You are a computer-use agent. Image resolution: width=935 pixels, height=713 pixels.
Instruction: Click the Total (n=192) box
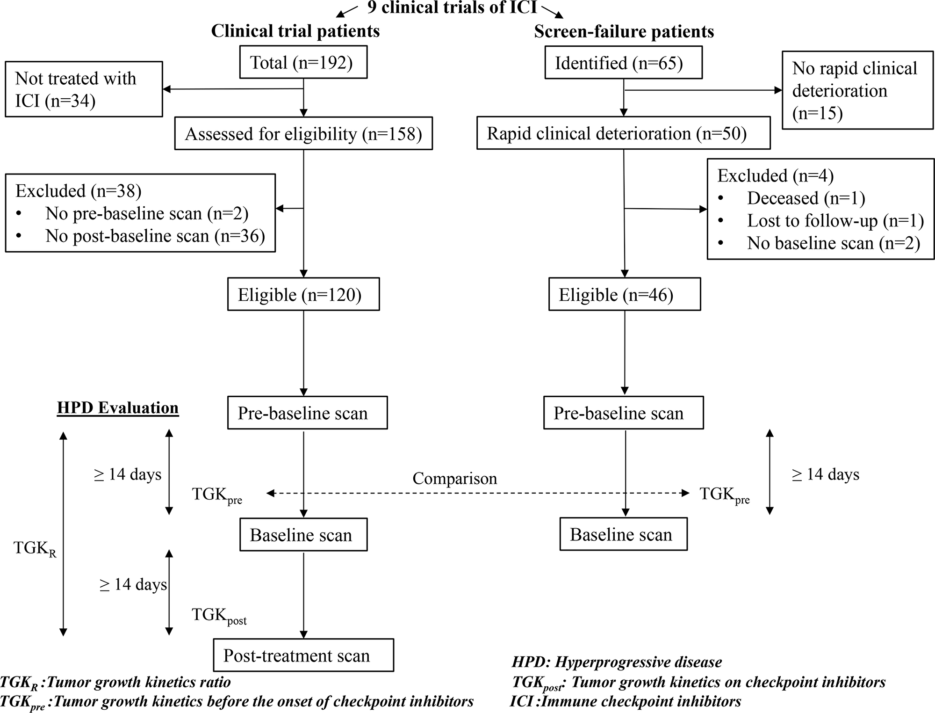[x=303, y=62]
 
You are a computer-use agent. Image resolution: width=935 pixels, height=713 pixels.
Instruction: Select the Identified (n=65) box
[x=623, y=63]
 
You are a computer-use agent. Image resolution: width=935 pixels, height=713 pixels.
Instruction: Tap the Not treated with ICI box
[x=84, y=89]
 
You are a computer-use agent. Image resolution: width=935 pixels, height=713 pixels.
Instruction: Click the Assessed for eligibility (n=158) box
[x=303, y=134]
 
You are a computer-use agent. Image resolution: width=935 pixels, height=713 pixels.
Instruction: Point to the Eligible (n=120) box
[x=303, y=295]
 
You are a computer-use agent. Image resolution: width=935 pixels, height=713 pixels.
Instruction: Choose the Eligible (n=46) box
[x=624, y=295]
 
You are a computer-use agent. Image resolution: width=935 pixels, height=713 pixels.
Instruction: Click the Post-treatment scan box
[x=303, y=655]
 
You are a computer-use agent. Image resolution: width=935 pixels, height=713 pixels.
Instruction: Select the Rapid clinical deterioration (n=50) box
[x=623, y=133]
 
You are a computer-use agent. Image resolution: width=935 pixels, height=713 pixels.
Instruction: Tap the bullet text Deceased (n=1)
[x=806, y=198]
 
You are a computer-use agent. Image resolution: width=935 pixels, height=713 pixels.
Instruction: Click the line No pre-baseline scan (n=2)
[x=146, y=214]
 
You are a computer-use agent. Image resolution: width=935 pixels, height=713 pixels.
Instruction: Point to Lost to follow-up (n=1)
[x=835, y=221]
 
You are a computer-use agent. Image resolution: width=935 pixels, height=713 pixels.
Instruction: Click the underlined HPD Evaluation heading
[x=118, y=408]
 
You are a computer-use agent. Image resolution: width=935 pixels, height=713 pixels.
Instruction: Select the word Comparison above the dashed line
[x=454, y=479]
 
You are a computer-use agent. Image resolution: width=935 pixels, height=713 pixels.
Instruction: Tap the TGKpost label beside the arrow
[x=219, y=616]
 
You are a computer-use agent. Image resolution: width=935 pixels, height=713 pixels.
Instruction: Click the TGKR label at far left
[x=35, y=548]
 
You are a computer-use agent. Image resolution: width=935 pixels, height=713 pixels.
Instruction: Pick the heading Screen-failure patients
[x=624, y=32]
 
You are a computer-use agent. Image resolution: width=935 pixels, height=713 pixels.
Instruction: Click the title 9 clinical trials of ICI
[x=452, y=8]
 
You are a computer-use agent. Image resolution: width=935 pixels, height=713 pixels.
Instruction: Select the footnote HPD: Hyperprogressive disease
[x=617, y=662]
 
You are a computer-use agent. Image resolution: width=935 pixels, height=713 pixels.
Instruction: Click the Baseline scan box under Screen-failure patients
[x=623, y=534]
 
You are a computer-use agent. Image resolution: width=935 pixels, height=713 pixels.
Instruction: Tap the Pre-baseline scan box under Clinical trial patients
[x=307, y=413]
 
